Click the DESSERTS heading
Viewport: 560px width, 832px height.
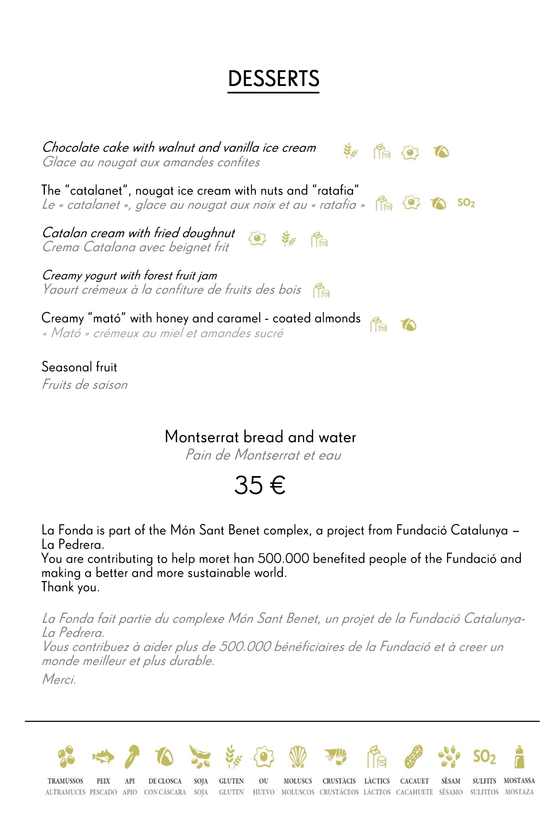click(274, 79)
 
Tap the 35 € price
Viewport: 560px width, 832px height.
click(260, 486)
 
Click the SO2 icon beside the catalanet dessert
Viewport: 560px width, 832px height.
click(466, 203)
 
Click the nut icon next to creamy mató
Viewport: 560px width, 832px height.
click(409, 325)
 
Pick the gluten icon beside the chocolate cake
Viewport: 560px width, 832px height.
click(350, 151)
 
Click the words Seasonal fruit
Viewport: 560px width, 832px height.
click(79, 367)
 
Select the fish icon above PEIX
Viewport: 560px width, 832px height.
click(103, 757)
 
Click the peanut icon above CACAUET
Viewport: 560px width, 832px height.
click(414, 757)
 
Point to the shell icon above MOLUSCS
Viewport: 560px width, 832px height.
click(298, 757)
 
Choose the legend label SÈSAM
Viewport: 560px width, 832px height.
click(450, 781)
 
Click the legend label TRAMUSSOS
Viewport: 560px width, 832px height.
click(65, 781)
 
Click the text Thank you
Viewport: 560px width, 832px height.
click(70, 587)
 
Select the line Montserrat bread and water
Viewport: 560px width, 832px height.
click(260, 437)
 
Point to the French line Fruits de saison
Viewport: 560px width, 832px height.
click(85, 385)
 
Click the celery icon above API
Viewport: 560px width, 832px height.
click(132, 757)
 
